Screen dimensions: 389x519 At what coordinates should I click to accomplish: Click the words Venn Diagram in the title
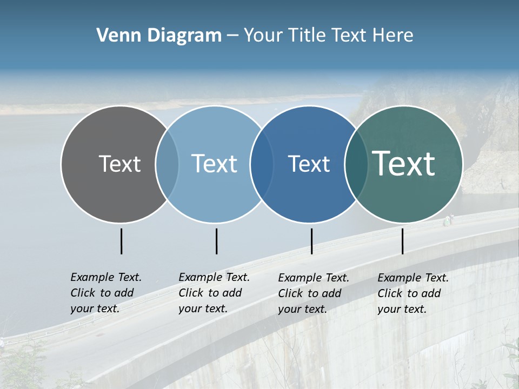(159, 36)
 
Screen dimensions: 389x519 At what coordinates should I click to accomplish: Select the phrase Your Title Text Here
(328, 36)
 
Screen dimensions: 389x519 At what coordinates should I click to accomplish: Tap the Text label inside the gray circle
(119, 164)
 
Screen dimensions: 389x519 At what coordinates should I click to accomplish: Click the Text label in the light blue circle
(215, 164)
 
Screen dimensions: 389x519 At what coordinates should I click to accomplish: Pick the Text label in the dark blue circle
(309, 164)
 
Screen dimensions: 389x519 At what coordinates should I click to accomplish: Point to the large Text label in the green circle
(404, 164)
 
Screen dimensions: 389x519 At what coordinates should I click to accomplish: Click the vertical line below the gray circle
(122, 241)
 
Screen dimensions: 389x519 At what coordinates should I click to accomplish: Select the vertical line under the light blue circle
(216, 241)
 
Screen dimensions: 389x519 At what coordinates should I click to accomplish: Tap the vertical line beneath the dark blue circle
(311, 241)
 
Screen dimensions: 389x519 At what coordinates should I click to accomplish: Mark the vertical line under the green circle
(403, 241)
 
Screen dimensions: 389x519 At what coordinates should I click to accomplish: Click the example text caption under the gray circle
(105, 293)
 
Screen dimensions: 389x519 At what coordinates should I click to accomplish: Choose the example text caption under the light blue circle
(214, 293)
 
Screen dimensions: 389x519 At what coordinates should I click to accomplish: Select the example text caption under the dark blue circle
(313, 293)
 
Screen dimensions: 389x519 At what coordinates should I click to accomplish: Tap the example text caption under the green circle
(412, 293)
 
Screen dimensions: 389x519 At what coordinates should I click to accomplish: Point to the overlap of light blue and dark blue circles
(261, 164)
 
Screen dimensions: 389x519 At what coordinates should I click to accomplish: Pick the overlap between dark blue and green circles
(356, 164)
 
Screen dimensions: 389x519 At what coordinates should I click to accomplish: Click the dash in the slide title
(232, 36)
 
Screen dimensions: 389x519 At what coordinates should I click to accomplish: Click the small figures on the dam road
(449, 219)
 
